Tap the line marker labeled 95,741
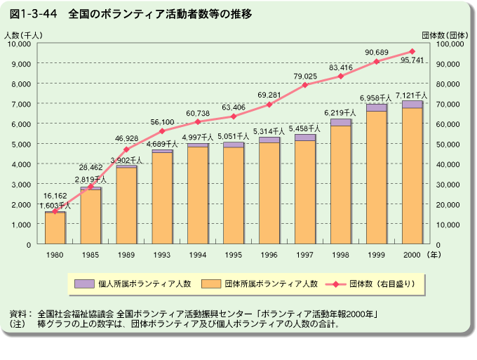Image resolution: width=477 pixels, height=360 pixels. click(x=412, y=51)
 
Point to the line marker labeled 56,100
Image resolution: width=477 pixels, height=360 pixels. click(x=162, y=131)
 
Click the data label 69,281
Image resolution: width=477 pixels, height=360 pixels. click(x=269, y=95)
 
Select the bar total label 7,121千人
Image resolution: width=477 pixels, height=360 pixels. click(x=412, y=95)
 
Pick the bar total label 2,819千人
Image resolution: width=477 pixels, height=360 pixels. click(x=91, y=180)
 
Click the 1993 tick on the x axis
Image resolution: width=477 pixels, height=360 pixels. click(x=162, y=255)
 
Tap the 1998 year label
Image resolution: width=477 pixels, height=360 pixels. click(x=340, y=255)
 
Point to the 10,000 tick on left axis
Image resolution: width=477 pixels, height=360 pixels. click(x=19, y=44)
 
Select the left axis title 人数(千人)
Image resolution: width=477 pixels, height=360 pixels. click(x=19, y=34)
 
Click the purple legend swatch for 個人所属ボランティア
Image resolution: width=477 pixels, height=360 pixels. click(x=84, y=284)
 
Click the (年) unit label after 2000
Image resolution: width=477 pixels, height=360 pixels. click(x=436, y=255)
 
